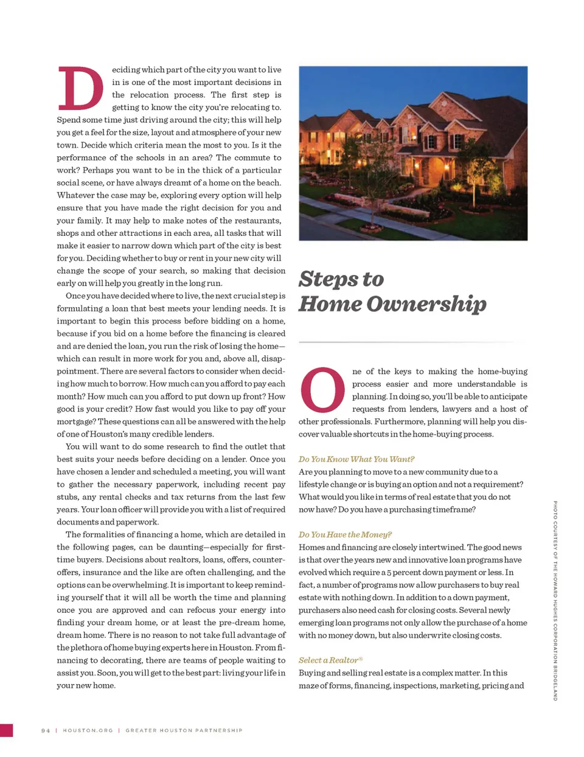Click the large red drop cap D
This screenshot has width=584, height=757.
click(80, 88)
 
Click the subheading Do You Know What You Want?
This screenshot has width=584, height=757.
click(356, 459)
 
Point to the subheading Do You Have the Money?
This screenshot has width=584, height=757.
click(345, 534)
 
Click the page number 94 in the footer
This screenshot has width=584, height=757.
click(46, 730)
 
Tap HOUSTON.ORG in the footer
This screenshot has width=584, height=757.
click(88, 730)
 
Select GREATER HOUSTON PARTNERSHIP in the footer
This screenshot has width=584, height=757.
click(184, 730)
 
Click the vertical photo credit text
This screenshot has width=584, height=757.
click(555, 600)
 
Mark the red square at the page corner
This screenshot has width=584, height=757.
click(6, 730)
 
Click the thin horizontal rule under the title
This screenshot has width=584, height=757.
click(412, 343)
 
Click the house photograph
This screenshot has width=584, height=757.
click(413, 153)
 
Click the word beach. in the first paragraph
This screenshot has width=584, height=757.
click(269, 182)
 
